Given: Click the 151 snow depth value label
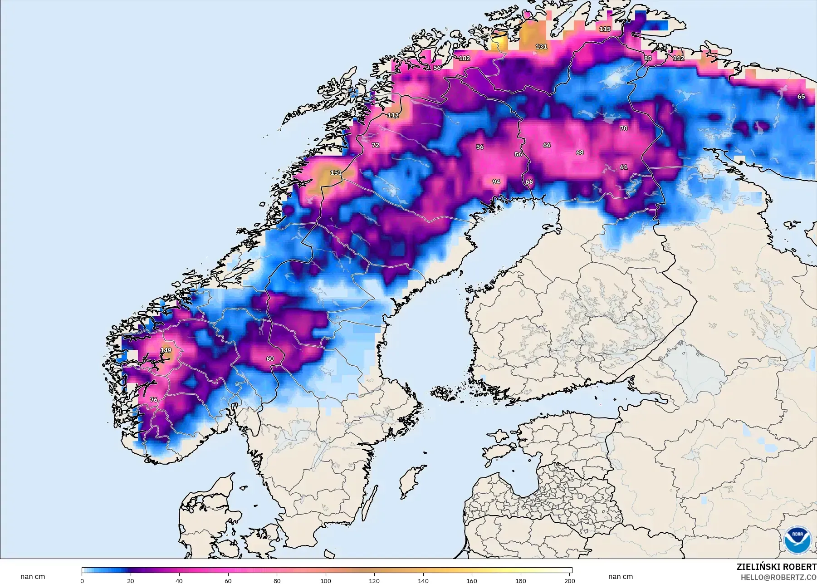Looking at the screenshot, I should (x=336, y=172).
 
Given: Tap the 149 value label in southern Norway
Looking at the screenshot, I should (x=166, y=350).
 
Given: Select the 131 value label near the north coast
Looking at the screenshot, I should (x=541, y=47).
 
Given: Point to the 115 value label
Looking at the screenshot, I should (x=605, y=29).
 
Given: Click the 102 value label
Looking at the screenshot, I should (x=465, y=59).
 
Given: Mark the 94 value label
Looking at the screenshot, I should (x=496, y=182).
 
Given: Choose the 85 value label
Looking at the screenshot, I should (x=648, y=59).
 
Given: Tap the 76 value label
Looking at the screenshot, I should (x=154, y=400).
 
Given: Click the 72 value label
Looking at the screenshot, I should (x=376, y=145).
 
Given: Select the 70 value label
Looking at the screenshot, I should (x=624, y=128).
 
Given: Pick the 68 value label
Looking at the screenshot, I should (x=580, y=152).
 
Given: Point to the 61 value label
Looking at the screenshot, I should (x=624, y=167).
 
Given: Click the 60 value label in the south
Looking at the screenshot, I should (x=270, y=358).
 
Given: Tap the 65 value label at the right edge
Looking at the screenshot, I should (x=801, y=97).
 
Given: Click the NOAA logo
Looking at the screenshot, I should (x=797, y=540).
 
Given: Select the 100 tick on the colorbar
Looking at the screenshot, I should (x=326, y=580).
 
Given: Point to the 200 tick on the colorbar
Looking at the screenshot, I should (x=570, y=580).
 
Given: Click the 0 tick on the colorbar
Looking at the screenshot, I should (x=82, y=580).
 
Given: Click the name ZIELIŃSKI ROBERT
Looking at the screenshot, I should (x=776, y=567).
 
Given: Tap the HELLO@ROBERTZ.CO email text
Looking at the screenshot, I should (x=778, y=578).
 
